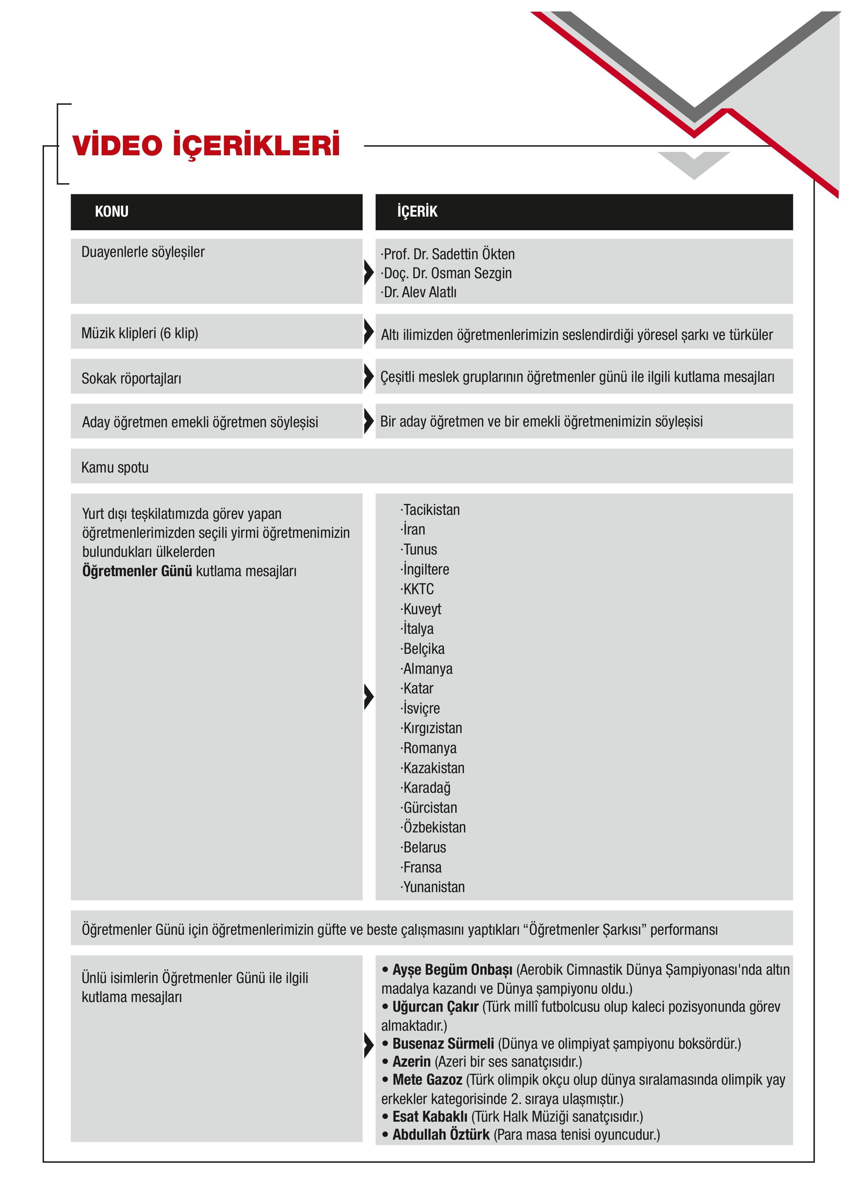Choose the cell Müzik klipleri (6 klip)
(140, 333)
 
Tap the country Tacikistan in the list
(431, 510)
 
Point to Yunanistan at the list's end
(433, 887)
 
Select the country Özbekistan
(434, 827)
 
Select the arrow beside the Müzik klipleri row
(369, 331)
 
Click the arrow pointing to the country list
(369, 696)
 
